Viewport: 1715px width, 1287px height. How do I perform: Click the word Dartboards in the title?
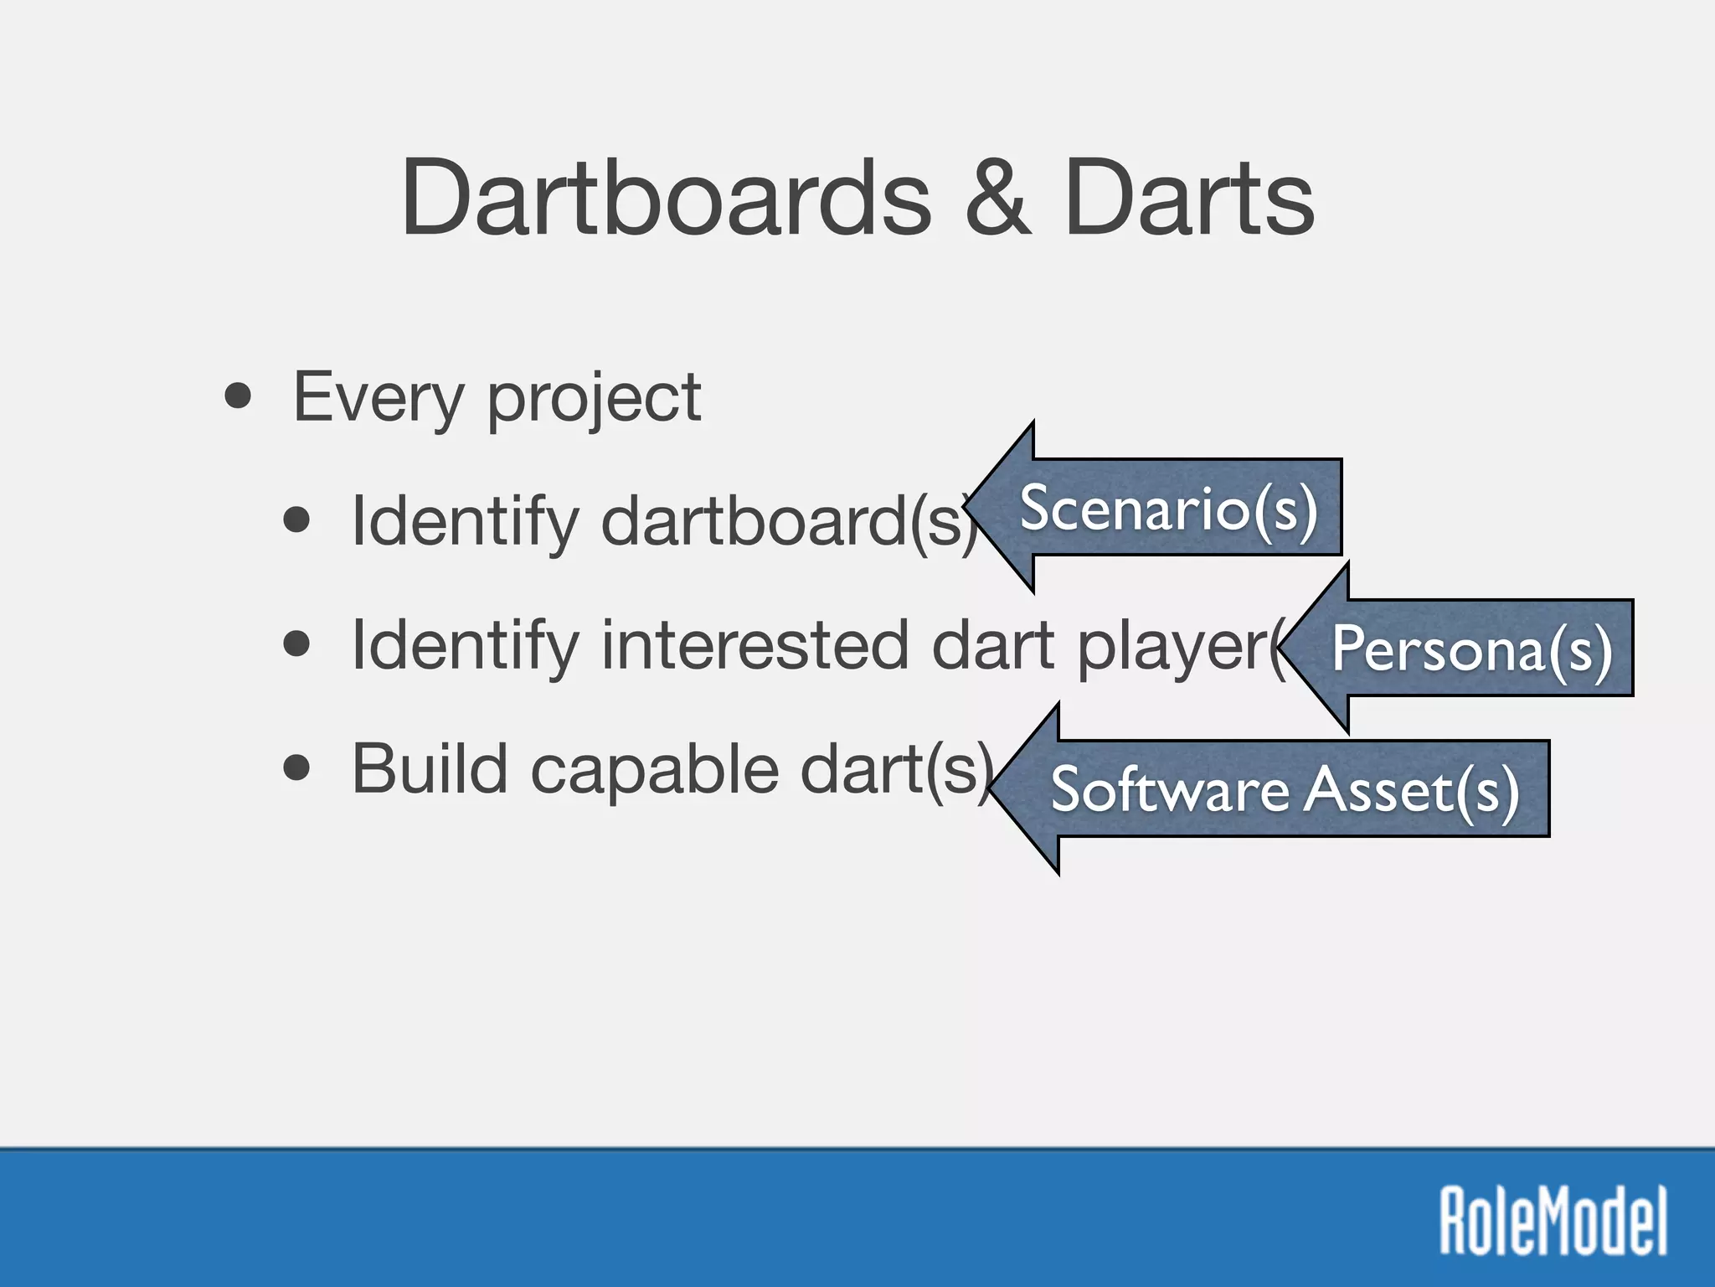click(x=666, y=199)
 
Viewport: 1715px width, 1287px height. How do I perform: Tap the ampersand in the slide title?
click(x=997, y=199)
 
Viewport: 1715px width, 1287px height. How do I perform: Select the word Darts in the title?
click(x=1189, y=199)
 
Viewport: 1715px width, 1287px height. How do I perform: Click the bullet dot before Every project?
click(x=238, y=396)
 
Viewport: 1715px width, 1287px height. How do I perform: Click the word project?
click(x=594, y=401)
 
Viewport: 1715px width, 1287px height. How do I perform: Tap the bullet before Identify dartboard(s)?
click(x=296, y=520)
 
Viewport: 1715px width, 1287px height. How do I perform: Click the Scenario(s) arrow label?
click(x=1168, y=508)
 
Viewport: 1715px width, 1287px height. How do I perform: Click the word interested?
click(x=754, y=644)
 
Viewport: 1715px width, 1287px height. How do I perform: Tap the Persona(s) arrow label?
click(x=1471, y=649)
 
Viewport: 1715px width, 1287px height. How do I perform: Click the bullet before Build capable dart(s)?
click(x=296, y=768)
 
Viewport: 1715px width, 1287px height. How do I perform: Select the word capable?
click(x=654, y=769)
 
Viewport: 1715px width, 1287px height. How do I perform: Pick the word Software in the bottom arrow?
click(x=1169, y=789)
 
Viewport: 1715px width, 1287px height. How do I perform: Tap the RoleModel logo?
click(x=1553, y=1221)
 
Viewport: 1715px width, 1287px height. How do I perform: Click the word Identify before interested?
click(x=465, y=646)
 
